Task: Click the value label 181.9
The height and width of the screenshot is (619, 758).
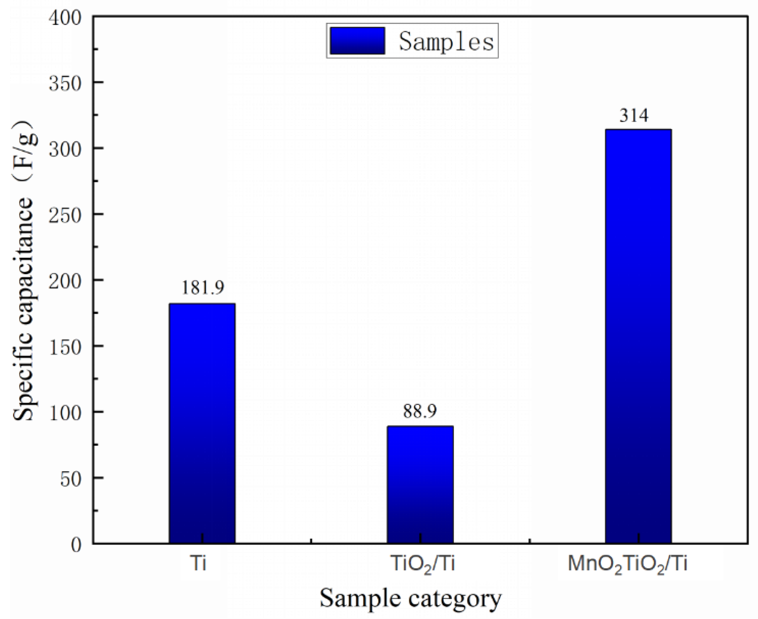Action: (x=203, y=288)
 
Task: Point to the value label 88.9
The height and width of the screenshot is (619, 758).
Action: (x=419, y=411)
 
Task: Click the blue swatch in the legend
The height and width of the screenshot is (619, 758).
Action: (x=357, y=41)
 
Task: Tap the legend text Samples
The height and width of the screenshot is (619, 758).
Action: (x=446, y=41)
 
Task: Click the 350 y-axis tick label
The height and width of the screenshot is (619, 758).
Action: (x=65, y=84)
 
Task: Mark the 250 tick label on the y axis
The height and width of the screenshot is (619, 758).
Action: (x=65, y=216)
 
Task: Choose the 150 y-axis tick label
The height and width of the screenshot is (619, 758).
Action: (x=65, y=348)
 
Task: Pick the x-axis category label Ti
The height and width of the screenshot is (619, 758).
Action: (x=198, y=563)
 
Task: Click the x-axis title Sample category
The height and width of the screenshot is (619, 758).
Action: (x=410, y=598)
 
